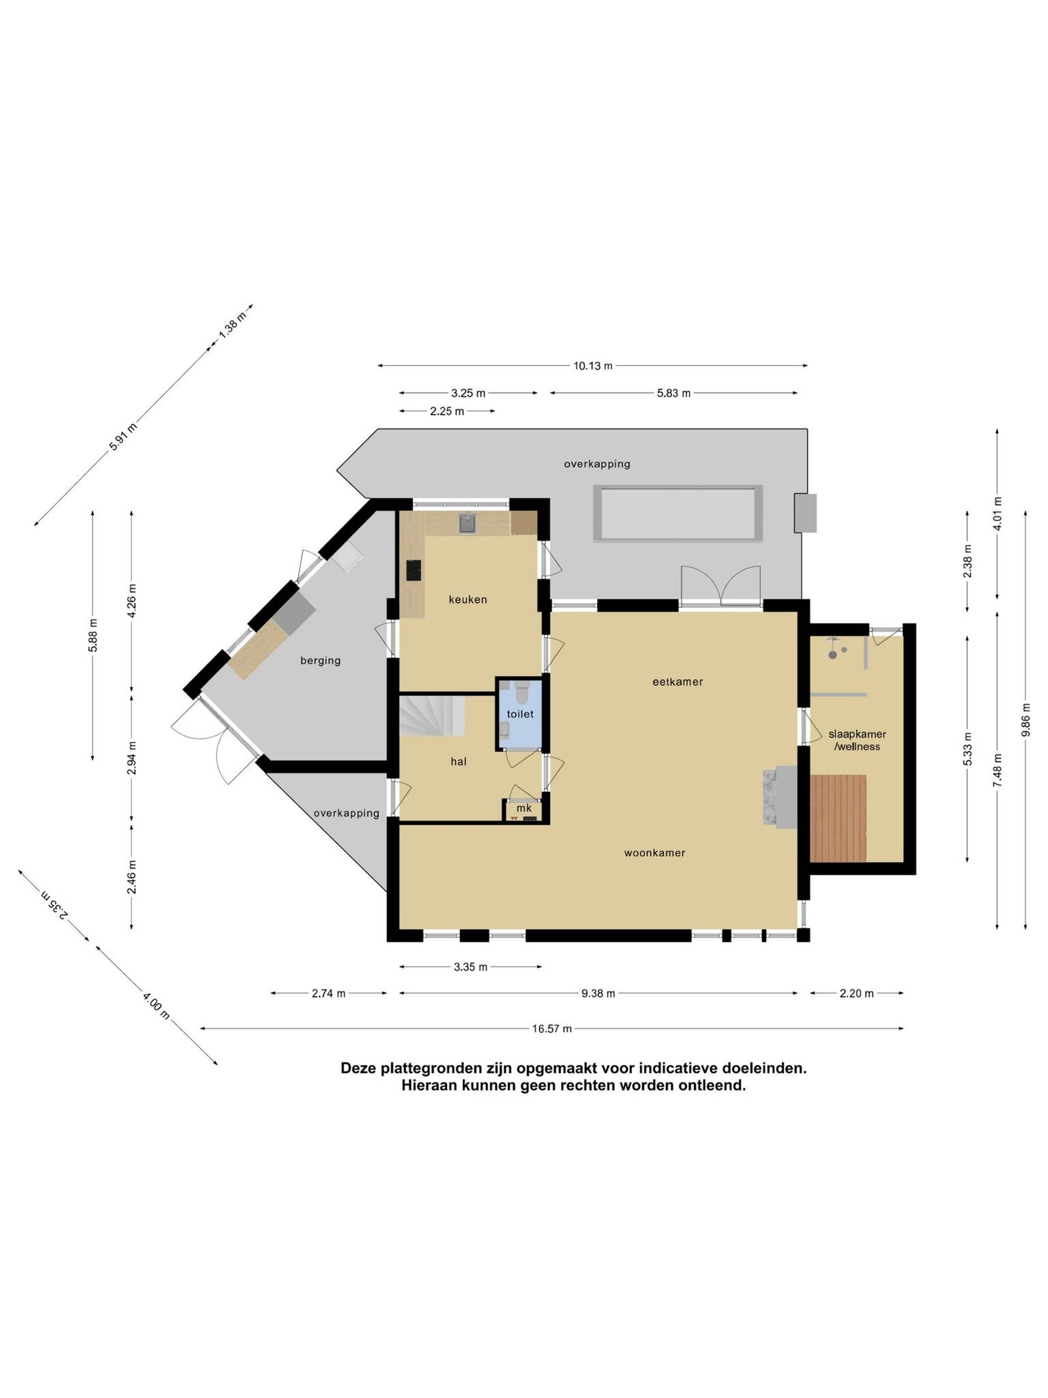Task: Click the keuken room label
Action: coord(468,599)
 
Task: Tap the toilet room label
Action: coord(520,713)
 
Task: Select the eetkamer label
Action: coord(677,681)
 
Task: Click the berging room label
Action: coord(320,661)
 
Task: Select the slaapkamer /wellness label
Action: coord(857,740)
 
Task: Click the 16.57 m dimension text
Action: coord(552,1028)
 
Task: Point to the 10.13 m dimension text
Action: coord(593,365)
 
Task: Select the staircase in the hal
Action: coord(431,715)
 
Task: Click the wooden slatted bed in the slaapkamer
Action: coord(838,818)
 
